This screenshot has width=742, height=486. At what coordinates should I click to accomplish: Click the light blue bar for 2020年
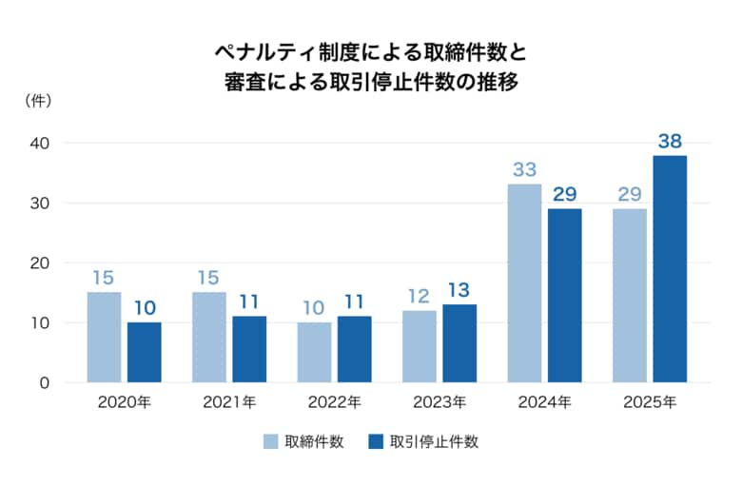point(104,338)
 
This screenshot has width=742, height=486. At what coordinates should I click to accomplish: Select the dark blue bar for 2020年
point(145,353)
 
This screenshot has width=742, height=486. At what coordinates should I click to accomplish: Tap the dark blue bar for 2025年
point(670,269)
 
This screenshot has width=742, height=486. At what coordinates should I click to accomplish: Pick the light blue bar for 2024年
point(524,283)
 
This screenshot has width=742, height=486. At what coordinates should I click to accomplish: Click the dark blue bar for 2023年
point(459,343)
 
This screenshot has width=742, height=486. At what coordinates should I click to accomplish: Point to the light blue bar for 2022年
point(314,353)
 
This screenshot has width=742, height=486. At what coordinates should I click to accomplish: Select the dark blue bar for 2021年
point(249,349)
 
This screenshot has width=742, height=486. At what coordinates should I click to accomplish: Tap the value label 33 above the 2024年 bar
point(524,170)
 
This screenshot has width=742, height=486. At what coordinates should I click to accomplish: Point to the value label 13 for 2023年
point(459,290)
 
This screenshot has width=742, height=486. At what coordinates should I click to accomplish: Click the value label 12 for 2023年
point(420,297)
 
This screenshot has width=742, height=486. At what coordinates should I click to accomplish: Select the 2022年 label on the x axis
point(334,402)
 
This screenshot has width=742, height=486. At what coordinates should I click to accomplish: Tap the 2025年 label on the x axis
point(650,402)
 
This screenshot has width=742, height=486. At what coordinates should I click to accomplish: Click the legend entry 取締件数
point(303,441)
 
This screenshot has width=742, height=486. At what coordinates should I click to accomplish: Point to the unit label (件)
point(37,99)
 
